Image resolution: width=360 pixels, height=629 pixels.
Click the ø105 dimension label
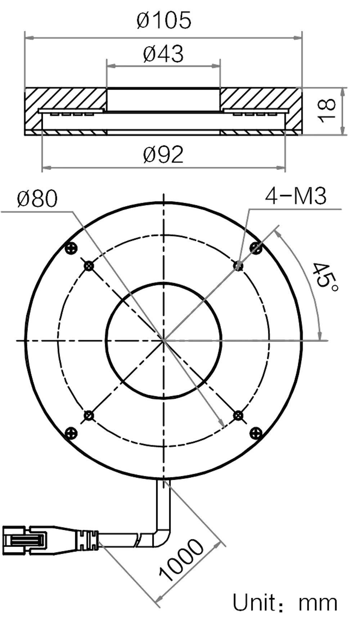point(164,21)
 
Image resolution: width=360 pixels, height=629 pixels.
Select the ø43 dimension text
point(164,54)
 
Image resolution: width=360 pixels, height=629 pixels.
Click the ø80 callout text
point(37,199)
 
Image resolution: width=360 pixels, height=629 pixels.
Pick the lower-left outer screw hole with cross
point(72,433)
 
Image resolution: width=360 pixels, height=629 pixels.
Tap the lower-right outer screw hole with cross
point(255,433)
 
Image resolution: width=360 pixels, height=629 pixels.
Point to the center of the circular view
point(164,340)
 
